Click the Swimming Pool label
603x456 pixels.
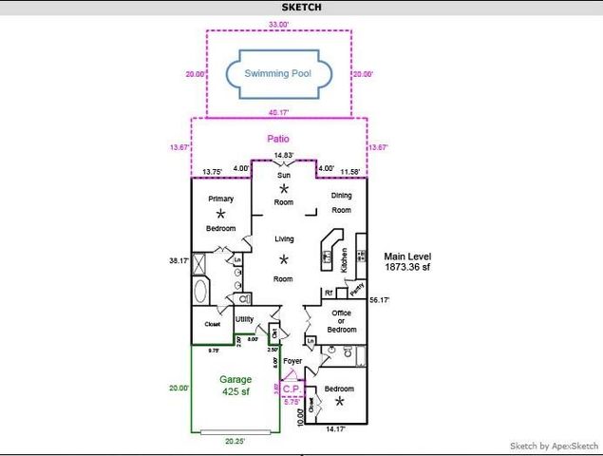[x=277, y=73]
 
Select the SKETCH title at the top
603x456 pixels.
[x=301, y=8]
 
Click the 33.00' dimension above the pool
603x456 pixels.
[x=278, y=23]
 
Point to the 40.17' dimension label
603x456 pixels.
[x=278, y=111]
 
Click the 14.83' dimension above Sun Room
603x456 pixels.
[x=283, y=155]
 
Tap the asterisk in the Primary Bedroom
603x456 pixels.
[x=220, y=215]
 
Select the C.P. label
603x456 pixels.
[x=292, y=388]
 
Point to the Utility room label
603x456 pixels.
[x=244, y=319]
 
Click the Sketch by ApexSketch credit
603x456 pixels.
[x=554, y=446]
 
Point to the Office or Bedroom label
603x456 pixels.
[x=341, y=321]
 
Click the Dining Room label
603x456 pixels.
[x=341, y=202]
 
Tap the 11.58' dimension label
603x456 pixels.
[x=352, y=171]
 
